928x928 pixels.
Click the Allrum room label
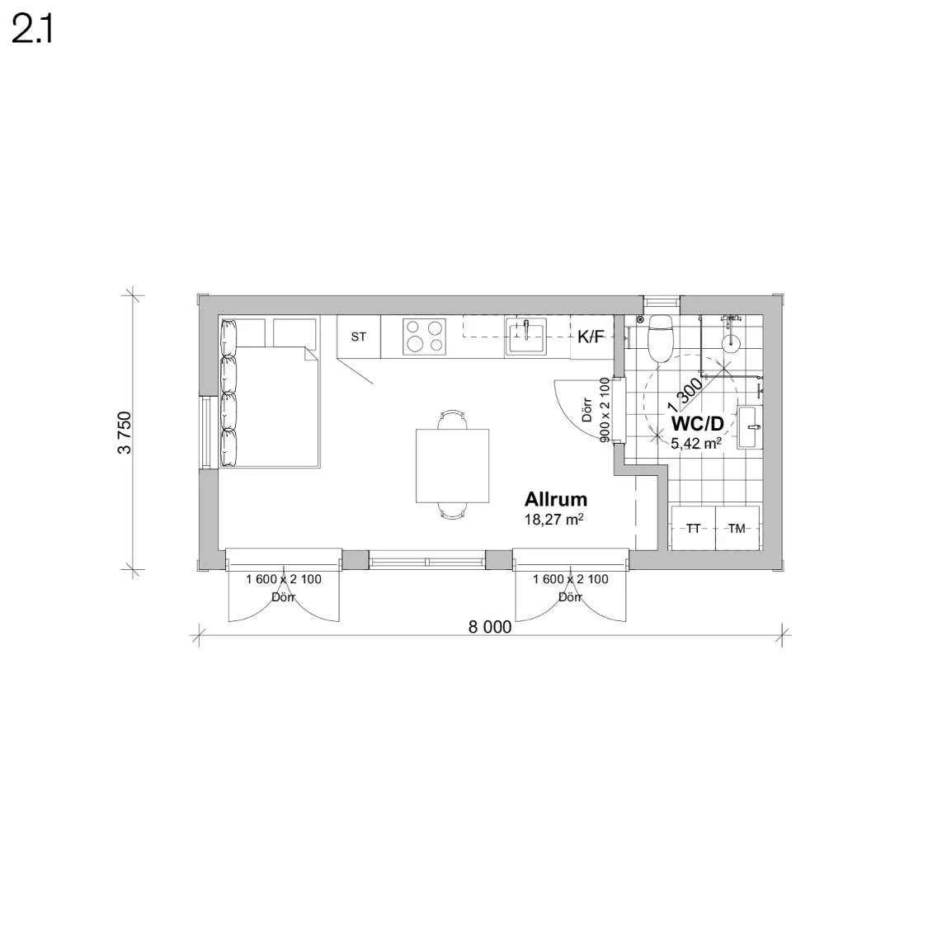pyautogui.click(x=556, y=500)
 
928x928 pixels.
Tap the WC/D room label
pyautogui.click(x=697, y=424)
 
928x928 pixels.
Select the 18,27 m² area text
pyautogui.click(x=554, y=520)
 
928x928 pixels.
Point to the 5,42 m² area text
pyautogui.click(x=696, y=443)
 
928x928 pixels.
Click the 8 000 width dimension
pyautogui.click(x=490, y=627)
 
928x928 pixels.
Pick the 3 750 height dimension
pyautogui.click(x=125, y=432)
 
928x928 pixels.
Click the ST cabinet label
pyautogui.click(x=359, y=337)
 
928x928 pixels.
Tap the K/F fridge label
pyautogui.click(x=591, y=337)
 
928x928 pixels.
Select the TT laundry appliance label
pyautogui.click(x=693, y=529)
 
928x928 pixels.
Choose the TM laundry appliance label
pyautogui.click(x=737, y=529)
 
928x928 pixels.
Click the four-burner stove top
pyautogui.click(x=424, y=337)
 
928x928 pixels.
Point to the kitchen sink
pyautogui.click(x=526, y=337)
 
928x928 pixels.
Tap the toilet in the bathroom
pyautogui.click(x=660, y=337)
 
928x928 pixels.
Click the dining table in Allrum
pyautogui.click(x=452, y=466)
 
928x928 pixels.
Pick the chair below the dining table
pyautogui.click(x=452, y=511)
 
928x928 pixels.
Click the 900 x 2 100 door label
pyautogui.click(x=605, y=410)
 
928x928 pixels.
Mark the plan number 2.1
pyautogui.click(x=32, y=31)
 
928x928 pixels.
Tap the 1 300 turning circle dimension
pyautogui.click(x=685, y=395)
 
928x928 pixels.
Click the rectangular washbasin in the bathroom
pyautogui.click(x=749, y=426)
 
